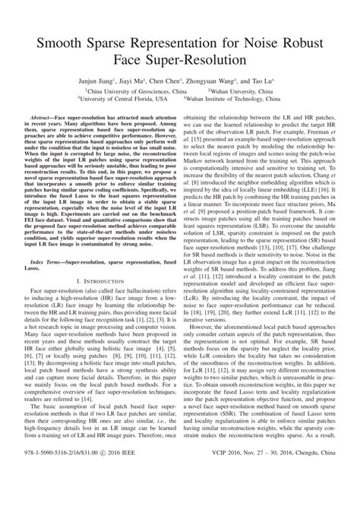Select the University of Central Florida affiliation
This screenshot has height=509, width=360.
pos(127,98)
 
